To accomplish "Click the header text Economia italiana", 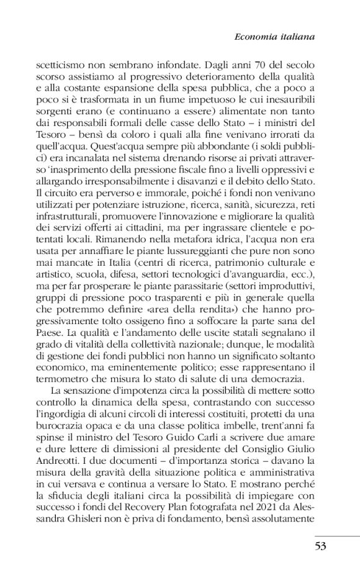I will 273,37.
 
